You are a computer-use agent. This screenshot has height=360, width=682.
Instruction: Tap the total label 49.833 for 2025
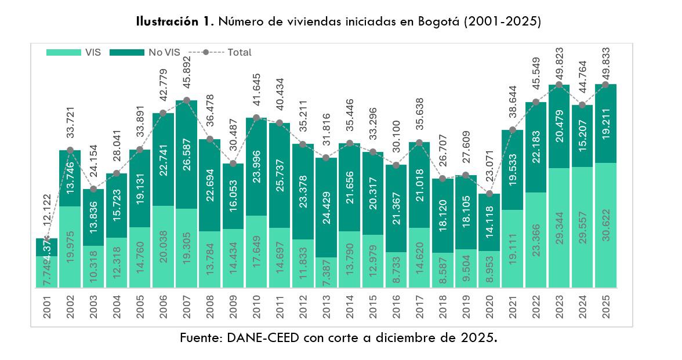606,63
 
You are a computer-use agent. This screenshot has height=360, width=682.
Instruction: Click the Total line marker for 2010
256,118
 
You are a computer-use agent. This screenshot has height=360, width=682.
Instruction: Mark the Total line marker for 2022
536,102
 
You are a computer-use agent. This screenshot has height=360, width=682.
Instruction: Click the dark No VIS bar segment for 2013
327,207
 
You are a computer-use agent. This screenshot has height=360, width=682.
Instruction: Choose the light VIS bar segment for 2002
70,246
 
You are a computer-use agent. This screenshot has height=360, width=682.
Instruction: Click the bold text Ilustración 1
173,22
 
